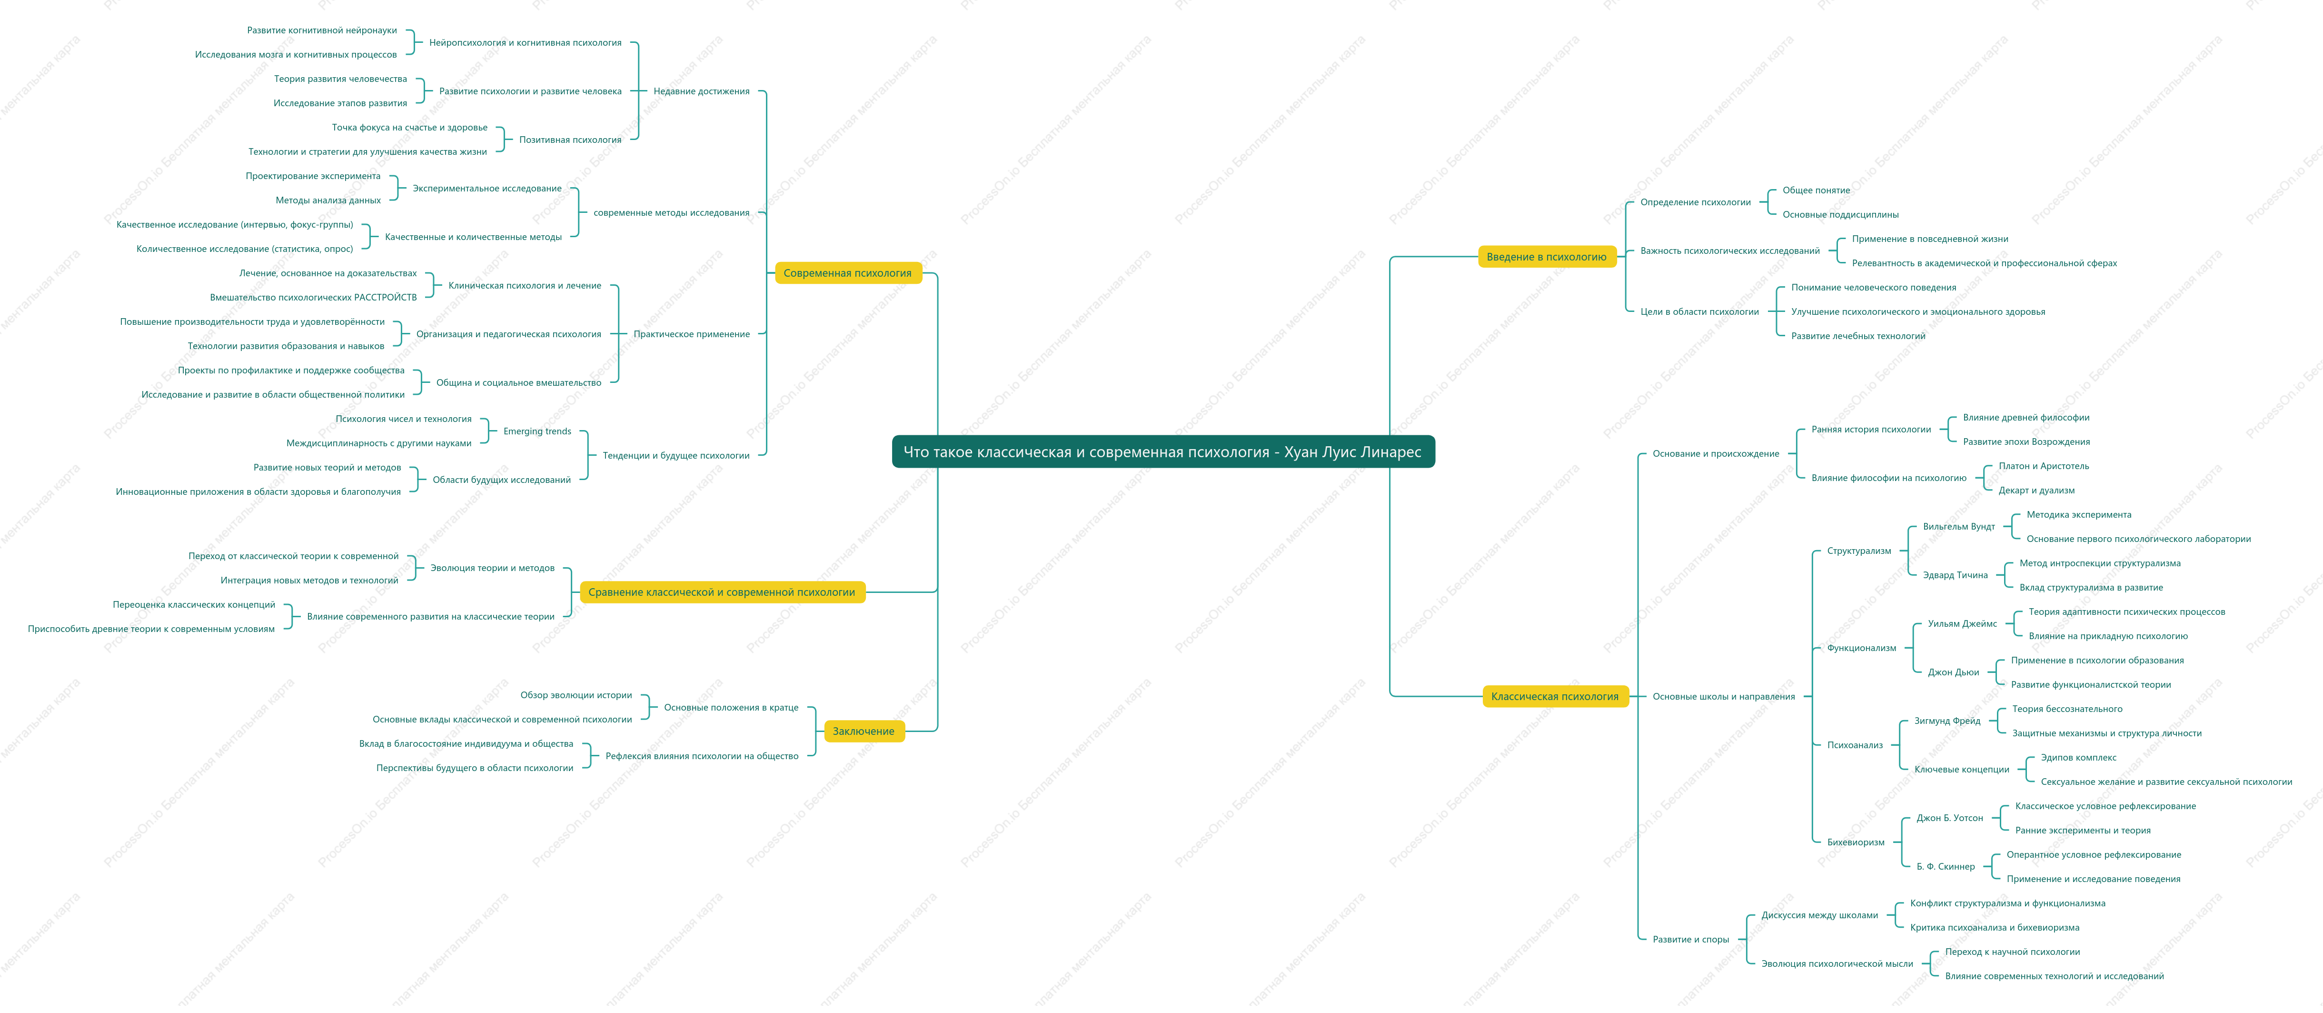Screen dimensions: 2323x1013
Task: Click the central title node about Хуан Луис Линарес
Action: point(1162,452)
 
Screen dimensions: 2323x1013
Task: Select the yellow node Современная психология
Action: point(848,272)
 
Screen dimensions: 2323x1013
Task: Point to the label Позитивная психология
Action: point(570,140)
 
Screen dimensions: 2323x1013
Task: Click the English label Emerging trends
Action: point(537,431)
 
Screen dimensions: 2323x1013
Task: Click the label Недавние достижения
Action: point(702,91)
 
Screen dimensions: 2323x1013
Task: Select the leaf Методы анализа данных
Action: point(328,200)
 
